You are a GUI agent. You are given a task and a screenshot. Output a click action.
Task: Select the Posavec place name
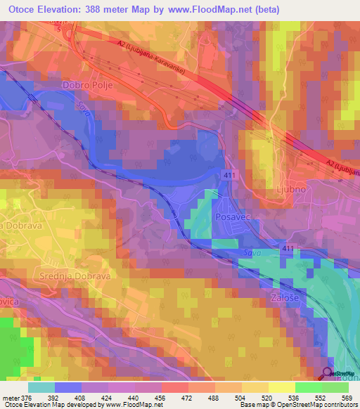pos(233,219)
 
